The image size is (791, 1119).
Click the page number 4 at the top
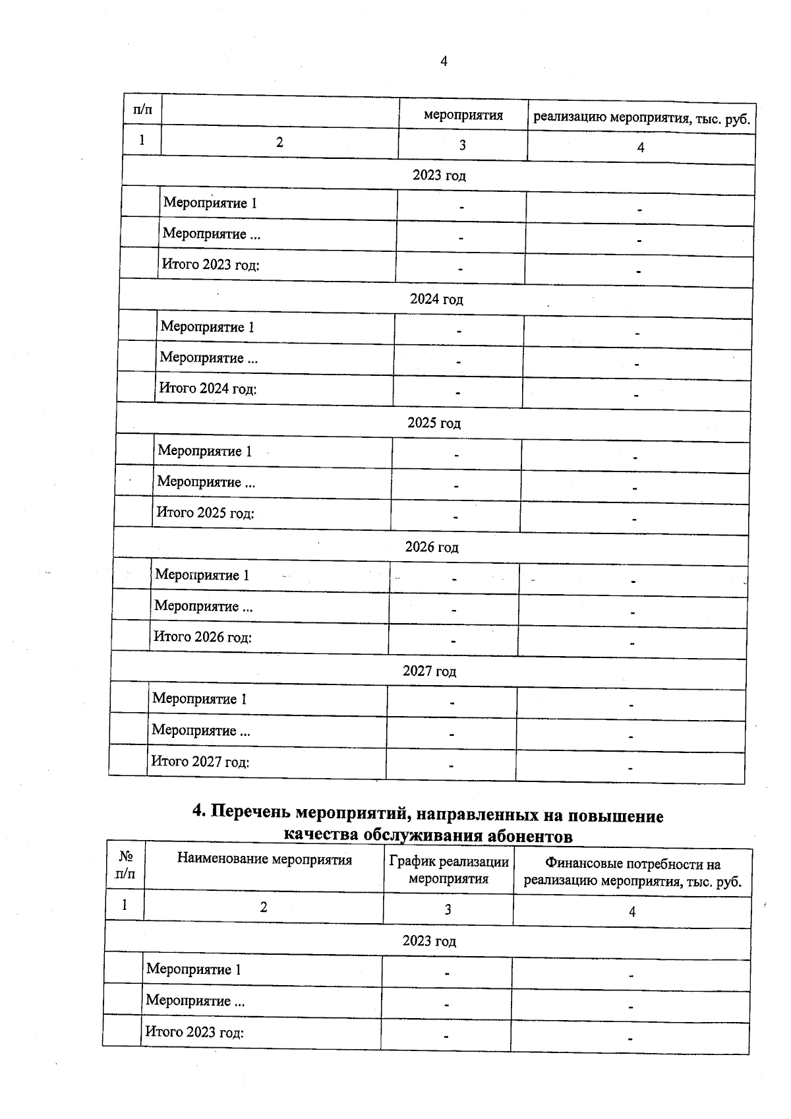click(443, 61)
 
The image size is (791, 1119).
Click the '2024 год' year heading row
click(436, 299)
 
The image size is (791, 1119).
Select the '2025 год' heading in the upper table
click(434, 423)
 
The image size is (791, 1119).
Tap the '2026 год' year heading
click(432, 547)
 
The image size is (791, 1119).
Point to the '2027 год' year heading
click(429, 671)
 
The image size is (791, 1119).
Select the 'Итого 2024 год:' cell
click(208, 388)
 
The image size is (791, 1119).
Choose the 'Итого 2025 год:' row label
click(205, 513)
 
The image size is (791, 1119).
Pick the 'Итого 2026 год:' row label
click(202, 637)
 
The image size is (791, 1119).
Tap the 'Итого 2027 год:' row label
click(200, 762)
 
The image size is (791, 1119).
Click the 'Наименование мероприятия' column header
click(264, 860)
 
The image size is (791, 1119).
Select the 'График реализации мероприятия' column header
click(449, 870)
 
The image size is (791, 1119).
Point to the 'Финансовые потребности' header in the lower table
click(632, 873)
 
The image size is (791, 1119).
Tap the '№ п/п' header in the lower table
click(125, 865)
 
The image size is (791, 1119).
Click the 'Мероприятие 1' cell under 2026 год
click(202, 575)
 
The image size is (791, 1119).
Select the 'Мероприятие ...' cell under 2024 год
click(208, 358)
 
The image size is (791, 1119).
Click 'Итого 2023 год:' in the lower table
click(194, 1032)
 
